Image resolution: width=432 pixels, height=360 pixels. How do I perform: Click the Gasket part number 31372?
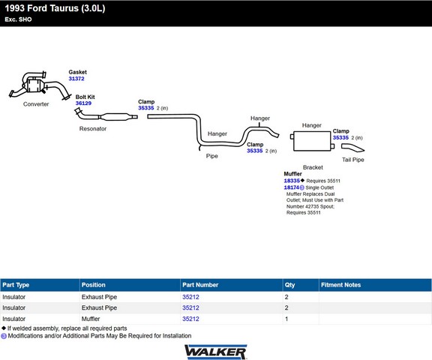pos(76,79)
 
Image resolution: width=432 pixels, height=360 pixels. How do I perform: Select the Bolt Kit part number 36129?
pos(83,103)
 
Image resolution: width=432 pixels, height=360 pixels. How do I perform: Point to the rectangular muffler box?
pos(312,141)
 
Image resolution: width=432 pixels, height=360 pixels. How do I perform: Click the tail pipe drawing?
pos(353,148)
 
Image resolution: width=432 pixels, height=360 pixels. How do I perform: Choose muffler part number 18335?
pos(292,181)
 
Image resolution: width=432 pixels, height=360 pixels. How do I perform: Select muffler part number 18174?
pos(292,187)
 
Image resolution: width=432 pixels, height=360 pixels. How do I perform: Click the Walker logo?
pos(216,352)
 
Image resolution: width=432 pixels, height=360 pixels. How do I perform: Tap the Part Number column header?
pos(200,285)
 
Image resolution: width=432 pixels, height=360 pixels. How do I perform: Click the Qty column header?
pos(289,285)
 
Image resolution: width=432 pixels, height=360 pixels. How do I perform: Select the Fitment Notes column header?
pos(340,285)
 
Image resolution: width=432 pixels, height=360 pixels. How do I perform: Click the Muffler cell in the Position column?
pos(91,319)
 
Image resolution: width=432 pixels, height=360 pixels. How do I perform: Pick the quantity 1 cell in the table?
pos(286,319)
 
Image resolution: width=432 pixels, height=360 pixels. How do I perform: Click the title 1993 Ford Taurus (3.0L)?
pos(55,8)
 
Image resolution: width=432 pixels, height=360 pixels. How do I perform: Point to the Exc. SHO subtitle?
pos(18,19)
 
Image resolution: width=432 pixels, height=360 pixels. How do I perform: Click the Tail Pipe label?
pos(353,160)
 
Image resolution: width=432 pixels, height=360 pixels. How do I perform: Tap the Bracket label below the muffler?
pos(313,167)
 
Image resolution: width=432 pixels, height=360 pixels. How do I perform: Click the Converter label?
pos(36,104)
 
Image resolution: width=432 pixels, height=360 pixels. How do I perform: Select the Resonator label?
pos(93,129)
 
